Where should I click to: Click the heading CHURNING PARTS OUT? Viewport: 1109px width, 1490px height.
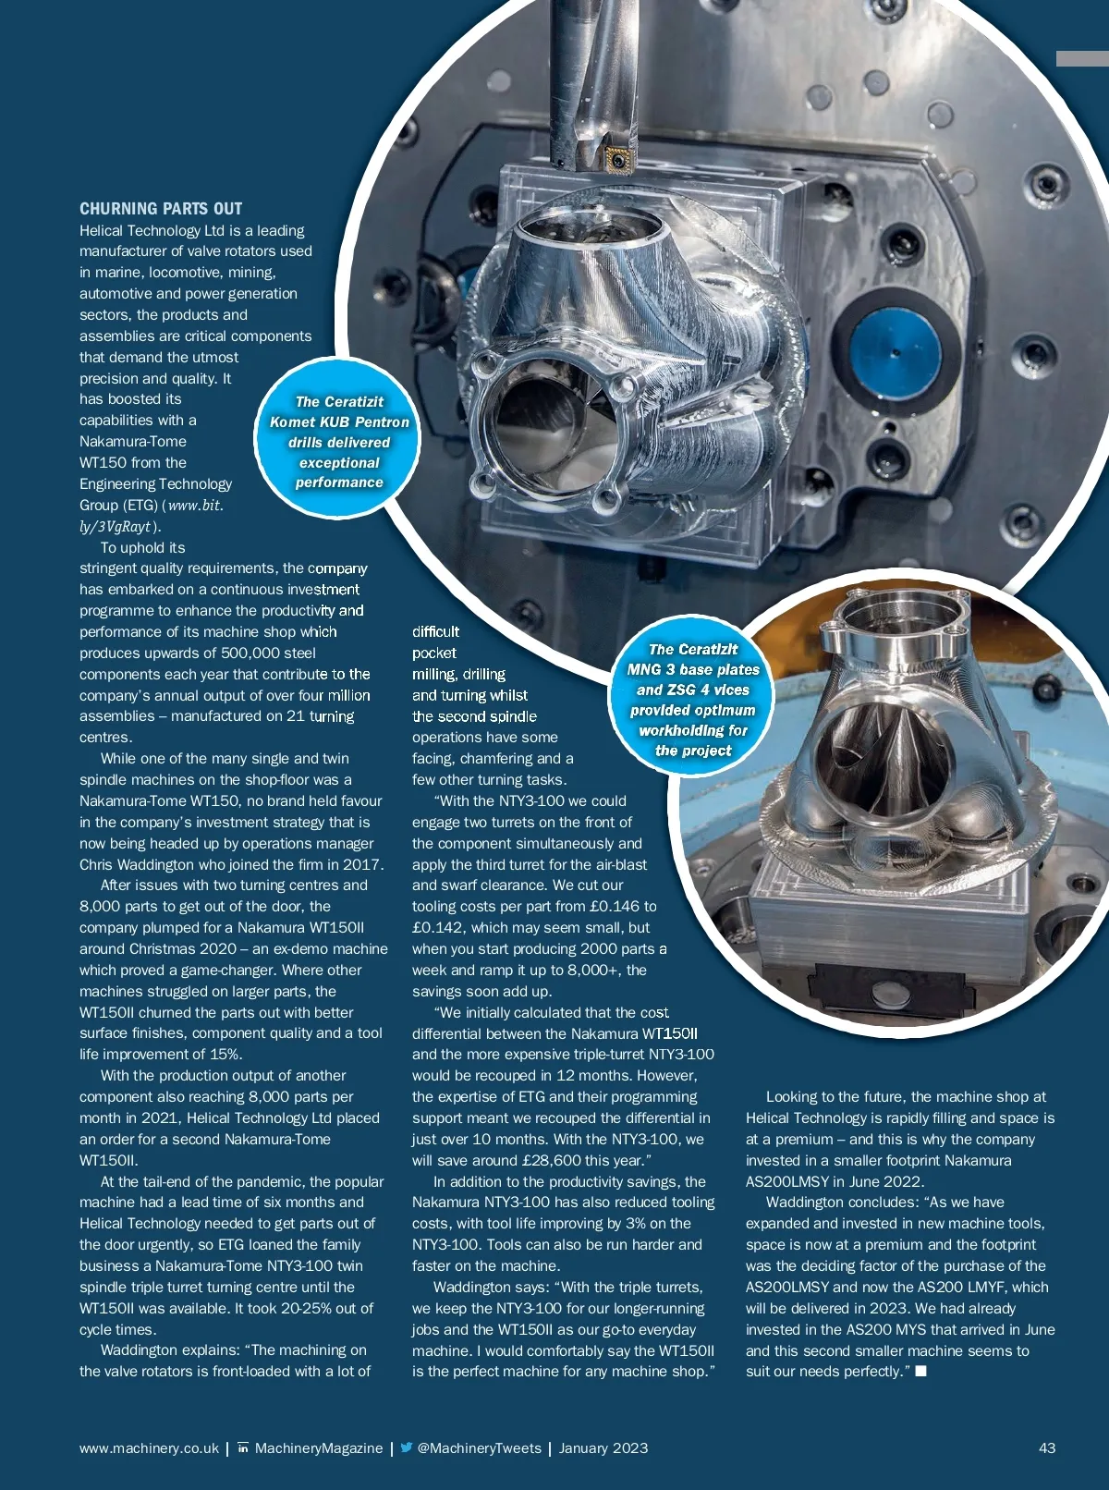tap(161, 209)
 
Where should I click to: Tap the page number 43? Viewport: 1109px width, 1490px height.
tap(1046, 1448)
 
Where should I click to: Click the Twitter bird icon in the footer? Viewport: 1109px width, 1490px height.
tap(407, 1447)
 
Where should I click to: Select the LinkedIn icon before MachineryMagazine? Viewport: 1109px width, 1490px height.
tap(243, 1447)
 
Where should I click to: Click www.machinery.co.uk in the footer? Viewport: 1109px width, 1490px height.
tap(149, 1448)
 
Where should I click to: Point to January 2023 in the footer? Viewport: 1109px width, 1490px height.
tap(603, 1448)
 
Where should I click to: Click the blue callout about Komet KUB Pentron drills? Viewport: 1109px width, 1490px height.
tap(339, 442)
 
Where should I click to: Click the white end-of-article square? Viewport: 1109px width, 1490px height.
tap(920, 1372)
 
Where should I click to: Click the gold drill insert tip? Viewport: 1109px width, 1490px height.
tap(617, 162)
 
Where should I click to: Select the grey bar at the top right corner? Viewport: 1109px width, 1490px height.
tap(1082, 58)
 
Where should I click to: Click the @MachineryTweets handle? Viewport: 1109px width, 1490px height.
tap(479, 1448)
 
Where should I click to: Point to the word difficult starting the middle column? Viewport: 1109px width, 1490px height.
tap(435, 632)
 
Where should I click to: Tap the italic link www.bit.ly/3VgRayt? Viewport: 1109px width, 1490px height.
tap(152, 516)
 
